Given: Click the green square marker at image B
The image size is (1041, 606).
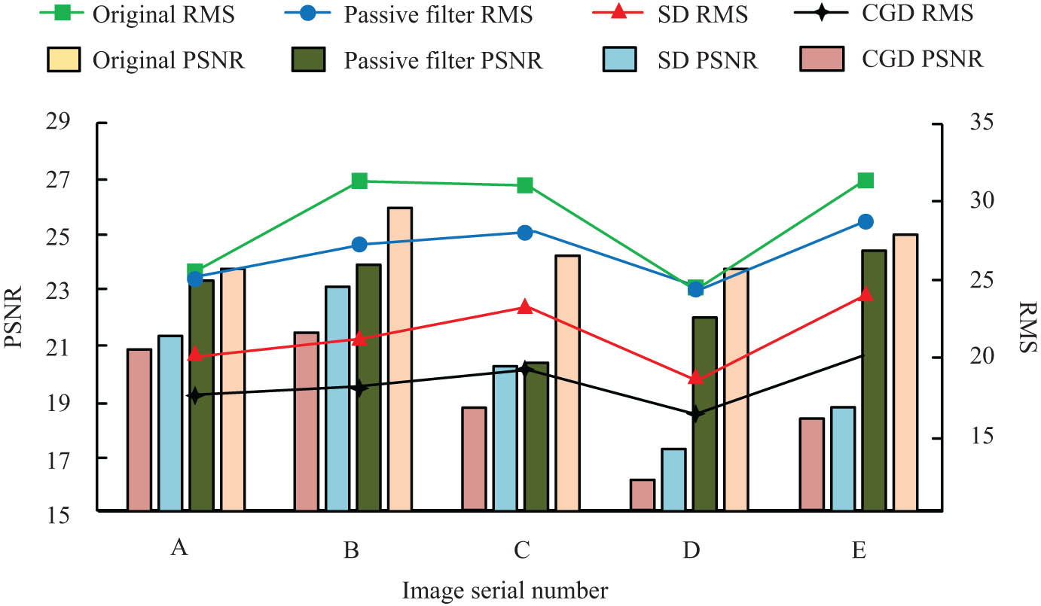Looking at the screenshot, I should [x=359, y=181].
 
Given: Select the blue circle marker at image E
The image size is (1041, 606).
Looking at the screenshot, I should [x=865, y=221].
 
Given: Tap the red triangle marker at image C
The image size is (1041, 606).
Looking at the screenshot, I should [x=525, y=306].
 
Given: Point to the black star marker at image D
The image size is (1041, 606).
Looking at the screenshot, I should [x=695, y=413].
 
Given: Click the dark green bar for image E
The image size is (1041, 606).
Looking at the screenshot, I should [x=875, y=380].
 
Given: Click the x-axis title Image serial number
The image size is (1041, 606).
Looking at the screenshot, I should [x=504, y=589].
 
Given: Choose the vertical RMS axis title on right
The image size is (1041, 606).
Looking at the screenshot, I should [x=1025, y=327].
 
